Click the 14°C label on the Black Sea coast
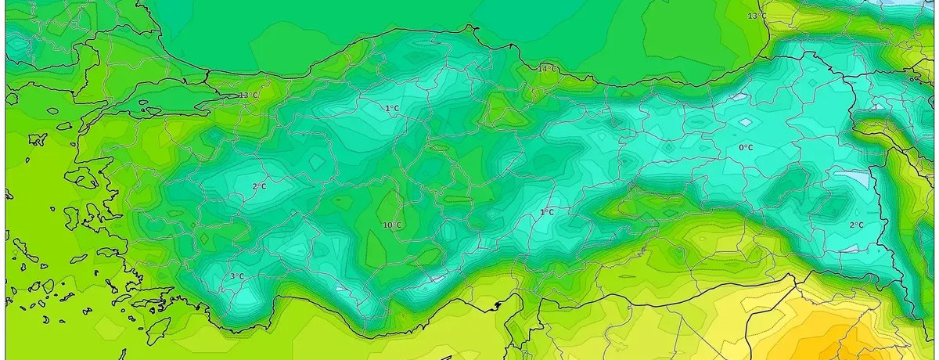[547, 69]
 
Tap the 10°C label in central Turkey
[392, 225]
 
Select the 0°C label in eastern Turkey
[746, 147]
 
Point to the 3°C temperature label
[237, 276]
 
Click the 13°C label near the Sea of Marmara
[248, 95]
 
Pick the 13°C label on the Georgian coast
[757, 16]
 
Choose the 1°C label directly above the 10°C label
[392, 108]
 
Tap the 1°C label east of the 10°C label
[547, 212]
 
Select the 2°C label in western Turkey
[259, 186]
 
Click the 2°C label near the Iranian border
[856, 225]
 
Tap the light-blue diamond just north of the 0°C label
[746, 123]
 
